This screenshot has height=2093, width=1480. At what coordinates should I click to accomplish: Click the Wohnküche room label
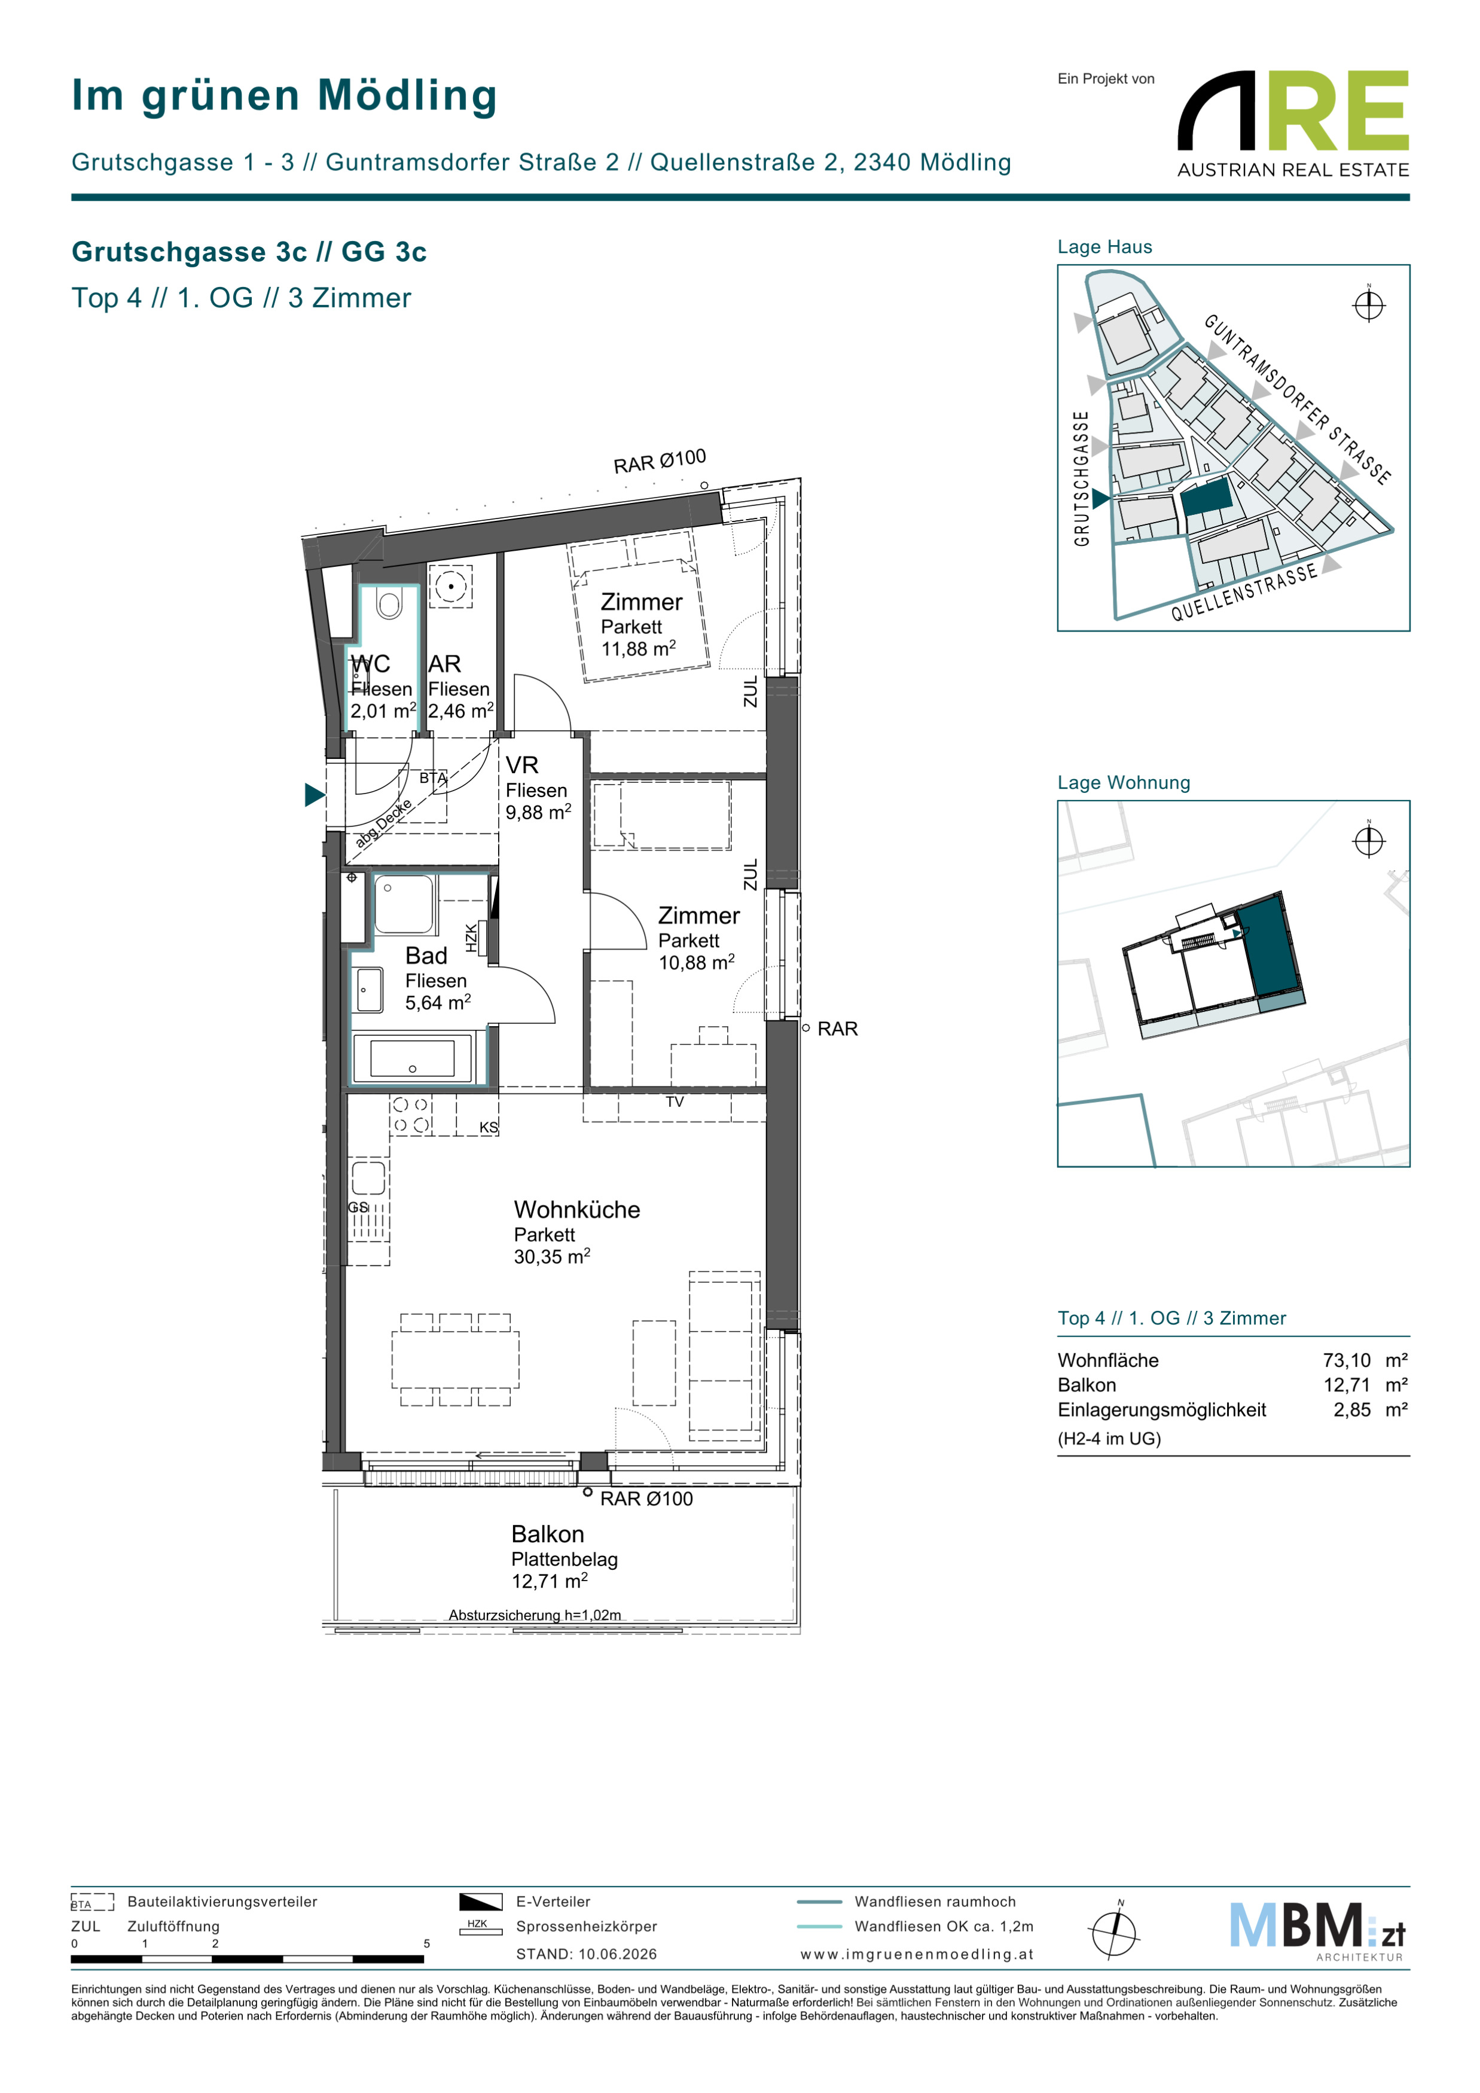pos(577,1210)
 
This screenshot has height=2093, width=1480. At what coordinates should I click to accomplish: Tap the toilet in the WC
pos(389,603)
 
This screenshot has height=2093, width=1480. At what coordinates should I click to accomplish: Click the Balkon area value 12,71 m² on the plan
pos(550,1581)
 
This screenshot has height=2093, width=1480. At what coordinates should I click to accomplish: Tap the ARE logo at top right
pos(1293,124)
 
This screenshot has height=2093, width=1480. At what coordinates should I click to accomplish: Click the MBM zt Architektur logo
pos(1317,1932)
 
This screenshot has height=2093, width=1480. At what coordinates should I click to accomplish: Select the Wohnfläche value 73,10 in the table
pos(1347,1360)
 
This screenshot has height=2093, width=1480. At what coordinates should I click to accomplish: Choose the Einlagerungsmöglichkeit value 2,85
pos(1353,1409)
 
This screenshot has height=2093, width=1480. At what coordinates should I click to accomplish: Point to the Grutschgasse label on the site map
pos(1082,478)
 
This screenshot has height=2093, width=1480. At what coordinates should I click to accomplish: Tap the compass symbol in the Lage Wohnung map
pos(1369,840)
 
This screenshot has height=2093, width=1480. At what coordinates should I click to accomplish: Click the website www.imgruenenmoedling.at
pos(917,1954)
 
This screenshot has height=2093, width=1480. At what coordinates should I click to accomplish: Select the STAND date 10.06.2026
pos(618,1954)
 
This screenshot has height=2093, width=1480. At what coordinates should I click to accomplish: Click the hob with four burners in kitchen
pos(410,1115)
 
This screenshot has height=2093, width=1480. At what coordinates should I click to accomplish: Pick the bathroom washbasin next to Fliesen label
pos(369,990)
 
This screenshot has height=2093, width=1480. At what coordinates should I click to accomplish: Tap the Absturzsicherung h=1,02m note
pos(535,1615)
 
